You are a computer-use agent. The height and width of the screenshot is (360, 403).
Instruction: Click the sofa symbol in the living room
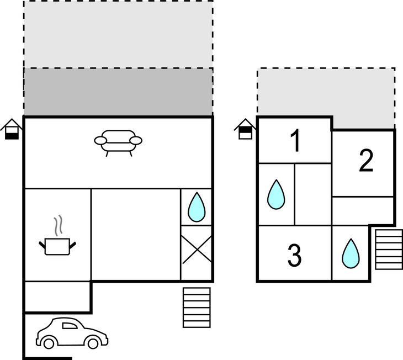pyautogui.click(x=118, y=141)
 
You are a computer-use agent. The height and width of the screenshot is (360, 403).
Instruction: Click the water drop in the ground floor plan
pyautogui.click(x=197, y=207)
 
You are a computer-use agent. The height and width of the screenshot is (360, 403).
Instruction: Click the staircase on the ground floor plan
pyautogui.click(x=197, y=307)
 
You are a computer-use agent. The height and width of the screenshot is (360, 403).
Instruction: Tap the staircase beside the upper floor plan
pyautogui.click(x=389, y=249)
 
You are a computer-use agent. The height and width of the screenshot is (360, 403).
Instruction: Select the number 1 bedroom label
pyautogui.click(x=296, y=141)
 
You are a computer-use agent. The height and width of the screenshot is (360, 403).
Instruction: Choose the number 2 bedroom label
pyautogui.click(x=365, y=161)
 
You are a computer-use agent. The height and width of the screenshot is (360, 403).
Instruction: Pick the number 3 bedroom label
pyautogui.click(x=295, y=255)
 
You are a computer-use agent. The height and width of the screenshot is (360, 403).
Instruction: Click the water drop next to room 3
pyautogui.click(x=350, y=254)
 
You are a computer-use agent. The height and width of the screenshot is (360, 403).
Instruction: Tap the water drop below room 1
pyautogui.click(x=276, y=195)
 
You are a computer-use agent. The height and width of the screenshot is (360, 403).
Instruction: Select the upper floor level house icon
pyautogui.click(x=245, y=130)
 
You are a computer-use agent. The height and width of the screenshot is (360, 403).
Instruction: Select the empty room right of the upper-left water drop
pyautogui.click(x=312, y=194)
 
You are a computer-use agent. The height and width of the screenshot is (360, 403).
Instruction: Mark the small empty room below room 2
pyautogui.click(x=363, y=210)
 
